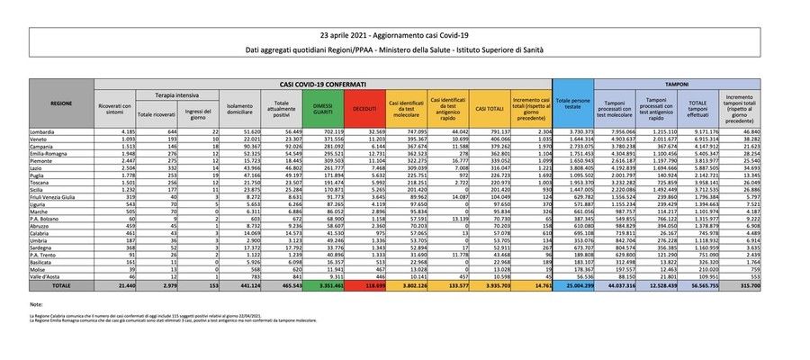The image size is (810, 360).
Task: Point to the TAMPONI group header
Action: pos(677,83)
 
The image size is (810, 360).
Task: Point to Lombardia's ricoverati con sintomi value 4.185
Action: pos(123,132)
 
